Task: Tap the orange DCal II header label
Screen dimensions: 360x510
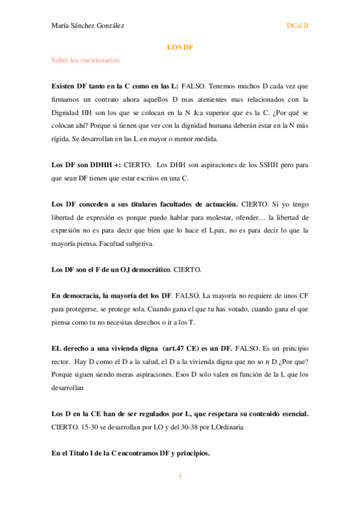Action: [297, 26]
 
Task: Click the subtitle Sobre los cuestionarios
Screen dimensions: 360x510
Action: [87, 60]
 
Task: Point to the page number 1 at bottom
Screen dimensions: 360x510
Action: [180, 476]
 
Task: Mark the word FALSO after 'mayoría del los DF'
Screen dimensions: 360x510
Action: [187, 296]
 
